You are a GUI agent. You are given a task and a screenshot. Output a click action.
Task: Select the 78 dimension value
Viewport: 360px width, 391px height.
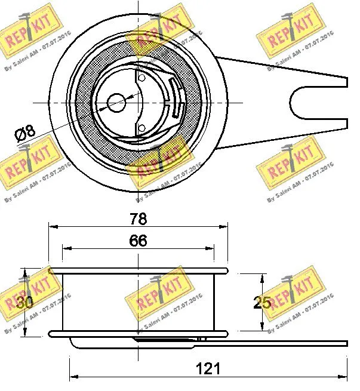[138, 218]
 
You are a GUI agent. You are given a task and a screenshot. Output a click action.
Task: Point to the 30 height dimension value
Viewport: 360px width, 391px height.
[24, 303]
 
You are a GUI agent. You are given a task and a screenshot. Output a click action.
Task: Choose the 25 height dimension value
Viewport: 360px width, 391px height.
[261, 303]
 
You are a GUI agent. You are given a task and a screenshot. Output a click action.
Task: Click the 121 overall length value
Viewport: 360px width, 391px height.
[208, 368]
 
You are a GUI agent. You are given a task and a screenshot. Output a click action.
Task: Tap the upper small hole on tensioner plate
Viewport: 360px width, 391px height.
[141, 77]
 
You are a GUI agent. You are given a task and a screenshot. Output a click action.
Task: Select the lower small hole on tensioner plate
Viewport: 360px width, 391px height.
[141, 127]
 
